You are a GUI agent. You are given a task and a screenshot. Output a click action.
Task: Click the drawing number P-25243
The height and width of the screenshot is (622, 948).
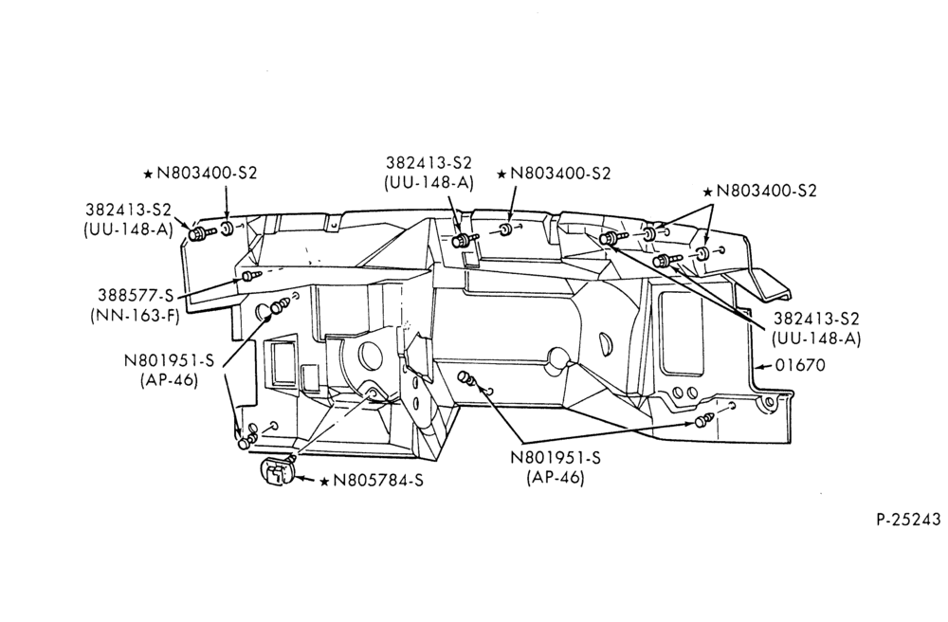[909, 520]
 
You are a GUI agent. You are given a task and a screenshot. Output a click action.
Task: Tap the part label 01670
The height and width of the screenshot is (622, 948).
[799, 365]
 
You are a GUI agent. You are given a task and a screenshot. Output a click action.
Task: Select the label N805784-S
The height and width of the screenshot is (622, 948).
[378, 481]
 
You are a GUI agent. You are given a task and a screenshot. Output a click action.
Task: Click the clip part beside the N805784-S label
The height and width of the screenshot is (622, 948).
[277, 469]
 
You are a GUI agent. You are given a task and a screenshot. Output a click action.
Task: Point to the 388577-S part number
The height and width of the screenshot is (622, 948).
[136, 296]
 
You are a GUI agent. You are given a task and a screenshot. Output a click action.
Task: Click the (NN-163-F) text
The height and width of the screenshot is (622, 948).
[135, 316]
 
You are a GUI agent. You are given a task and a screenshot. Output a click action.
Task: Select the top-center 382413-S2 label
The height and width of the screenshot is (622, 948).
[428, 163]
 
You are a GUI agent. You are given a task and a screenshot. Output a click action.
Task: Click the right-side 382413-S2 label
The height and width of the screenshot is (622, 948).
[816, 319]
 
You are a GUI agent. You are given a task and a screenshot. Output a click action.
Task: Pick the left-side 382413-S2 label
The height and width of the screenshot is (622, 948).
[128, 210]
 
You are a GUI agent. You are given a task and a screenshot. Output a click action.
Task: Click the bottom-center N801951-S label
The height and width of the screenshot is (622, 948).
[556, 458]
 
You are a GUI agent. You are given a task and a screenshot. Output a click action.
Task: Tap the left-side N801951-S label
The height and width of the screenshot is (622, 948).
[170, 361]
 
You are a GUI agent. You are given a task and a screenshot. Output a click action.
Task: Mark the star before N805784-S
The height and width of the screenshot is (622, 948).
[324, 481]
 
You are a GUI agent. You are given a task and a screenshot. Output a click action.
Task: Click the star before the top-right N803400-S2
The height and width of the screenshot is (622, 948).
[707, 192]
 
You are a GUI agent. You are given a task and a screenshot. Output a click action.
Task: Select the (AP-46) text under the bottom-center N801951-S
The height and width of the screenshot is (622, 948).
[556, 478]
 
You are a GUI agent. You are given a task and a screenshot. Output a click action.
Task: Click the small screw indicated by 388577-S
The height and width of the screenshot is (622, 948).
[251, 276]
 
